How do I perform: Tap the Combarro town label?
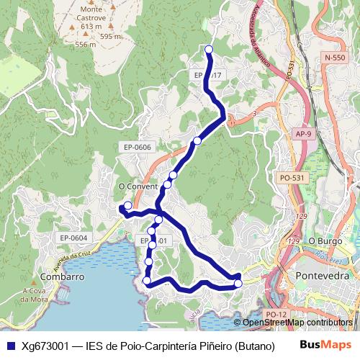64,276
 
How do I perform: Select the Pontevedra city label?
323,275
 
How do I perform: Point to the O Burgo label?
323,240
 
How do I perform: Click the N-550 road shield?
335,57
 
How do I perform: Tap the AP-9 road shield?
304,134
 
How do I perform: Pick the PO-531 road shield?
292,177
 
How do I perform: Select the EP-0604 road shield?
73,238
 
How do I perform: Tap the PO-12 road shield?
275,314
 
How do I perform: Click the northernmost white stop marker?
209,49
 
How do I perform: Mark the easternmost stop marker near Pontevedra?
238,283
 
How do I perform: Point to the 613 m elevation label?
91,26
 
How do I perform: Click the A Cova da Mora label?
34,295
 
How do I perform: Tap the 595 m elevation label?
111,36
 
